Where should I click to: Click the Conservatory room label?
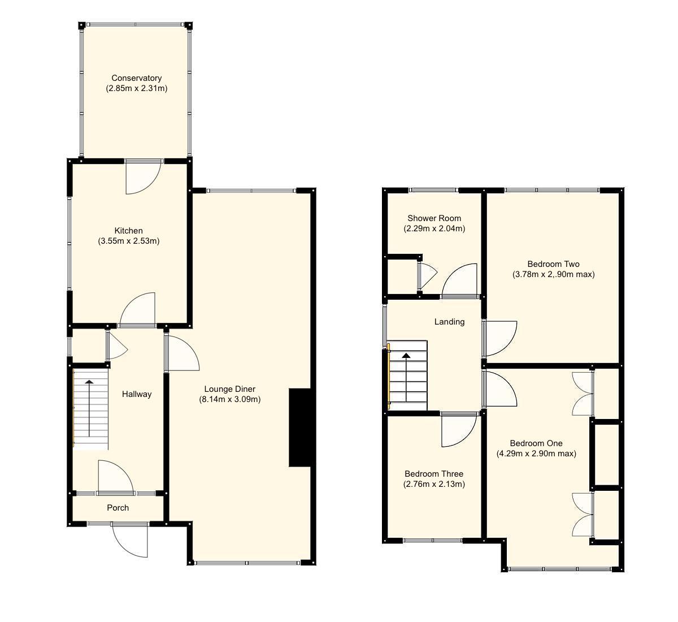(x=136, y=78)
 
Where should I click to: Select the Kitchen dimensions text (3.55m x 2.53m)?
(x=128, y=241)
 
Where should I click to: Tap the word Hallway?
(x=137, y=394)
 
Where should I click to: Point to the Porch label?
(x=118, y=508)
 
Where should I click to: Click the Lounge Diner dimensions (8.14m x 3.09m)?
(x=229, y=399)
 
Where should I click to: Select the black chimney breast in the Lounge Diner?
(x=299, y=427)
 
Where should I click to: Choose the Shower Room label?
(x=434, y=218)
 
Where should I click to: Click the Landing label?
(x=449, y=322)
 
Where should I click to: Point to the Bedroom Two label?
(x=553, y=264)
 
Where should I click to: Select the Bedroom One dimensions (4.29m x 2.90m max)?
(x=536, y=453)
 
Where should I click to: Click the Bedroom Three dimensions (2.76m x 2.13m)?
(x=434, y=484)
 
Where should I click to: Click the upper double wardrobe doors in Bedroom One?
(x=583, y=394)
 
